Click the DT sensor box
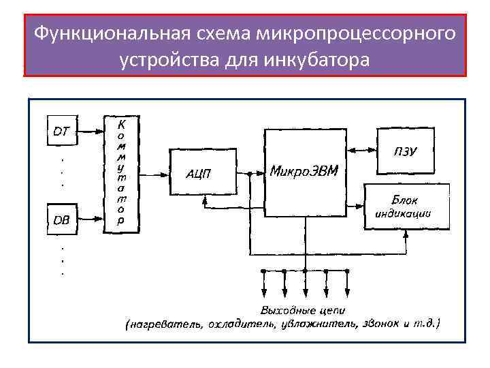[61, 132]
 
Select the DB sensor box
[61, 219]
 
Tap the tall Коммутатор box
[121, 172]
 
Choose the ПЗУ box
[406, 151]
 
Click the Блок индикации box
[406, 205]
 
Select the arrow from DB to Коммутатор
[90, 219]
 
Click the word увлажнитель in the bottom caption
[319, 325]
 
